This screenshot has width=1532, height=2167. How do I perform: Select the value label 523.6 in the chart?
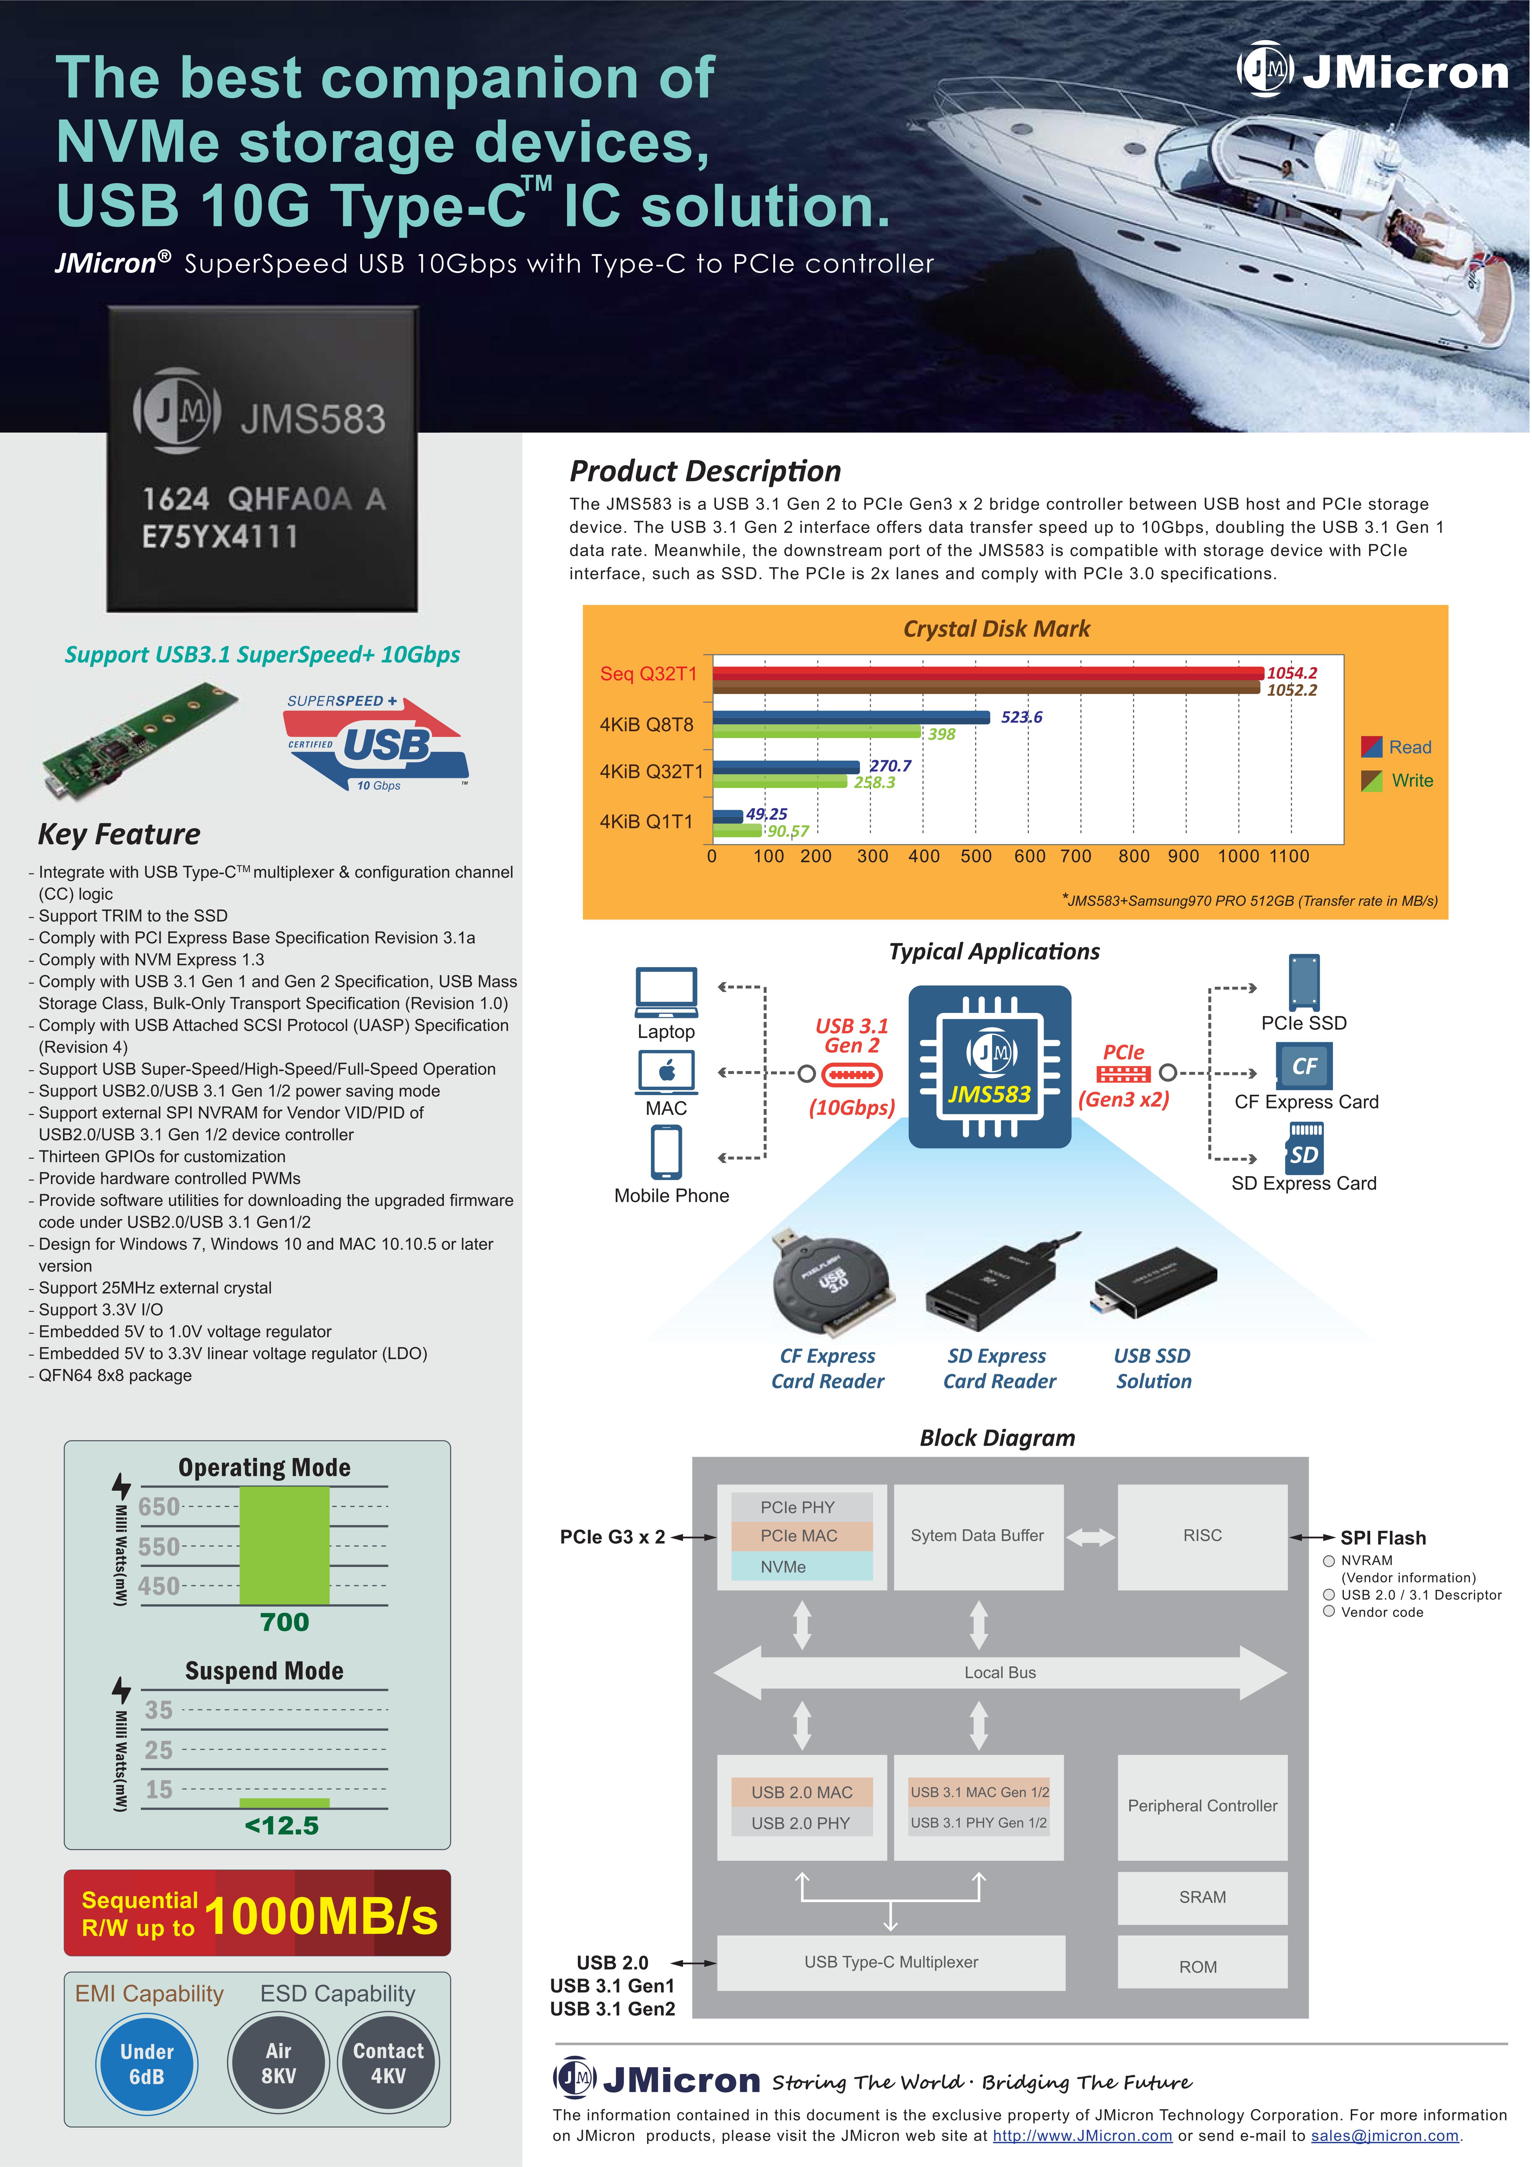point(1021,717)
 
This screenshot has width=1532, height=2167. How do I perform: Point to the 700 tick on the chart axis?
point(1076,856)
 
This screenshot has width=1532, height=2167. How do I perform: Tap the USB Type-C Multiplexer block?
point(891,1962)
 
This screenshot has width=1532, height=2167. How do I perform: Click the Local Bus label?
point(1000,1673)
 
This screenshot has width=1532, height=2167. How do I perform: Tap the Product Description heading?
point(705,471)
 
